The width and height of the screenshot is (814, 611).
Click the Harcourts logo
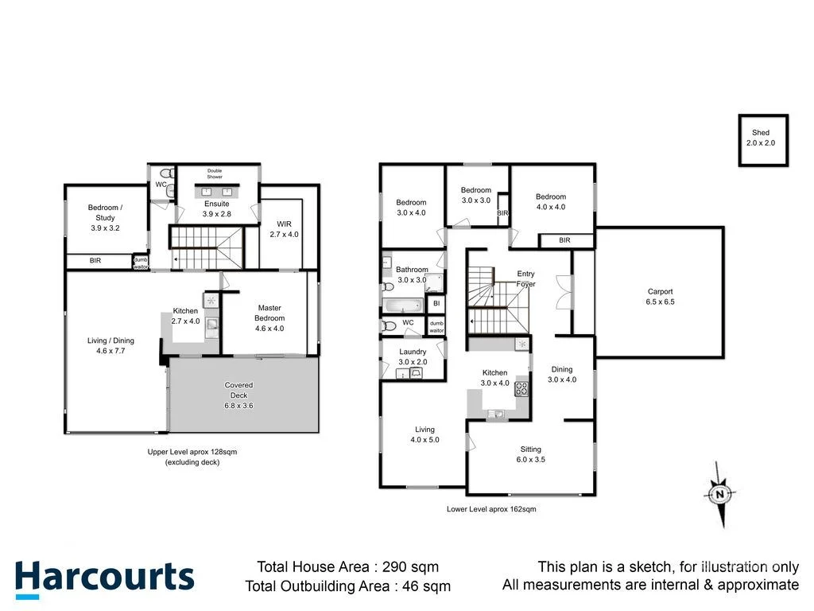[104, 578]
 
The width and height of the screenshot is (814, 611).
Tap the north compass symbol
[719, 495]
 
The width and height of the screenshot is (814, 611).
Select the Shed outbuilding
[762, 139]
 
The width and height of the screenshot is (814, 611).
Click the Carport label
[660, 297]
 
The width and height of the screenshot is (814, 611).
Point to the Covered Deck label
[238, 395]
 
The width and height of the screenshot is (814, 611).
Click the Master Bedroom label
[269, 317]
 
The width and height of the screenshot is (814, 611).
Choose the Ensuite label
[216, 209]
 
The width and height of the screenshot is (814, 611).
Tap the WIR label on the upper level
[283, 229]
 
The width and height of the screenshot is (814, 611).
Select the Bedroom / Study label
[105, 217]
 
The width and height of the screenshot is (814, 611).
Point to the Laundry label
[413, 356]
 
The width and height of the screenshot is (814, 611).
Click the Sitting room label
[532, 454]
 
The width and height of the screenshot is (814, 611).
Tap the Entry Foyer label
[525, 278]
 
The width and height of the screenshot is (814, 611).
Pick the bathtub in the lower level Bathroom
[402, 305]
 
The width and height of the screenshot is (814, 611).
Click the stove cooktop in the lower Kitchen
[522, 389]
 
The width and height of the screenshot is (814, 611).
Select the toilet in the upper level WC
[166, 173]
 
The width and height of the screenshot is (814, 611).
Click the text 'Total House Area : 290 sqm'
[347, 567]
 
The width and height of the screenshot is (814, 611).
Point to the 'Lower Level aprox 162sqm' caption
[491, 509]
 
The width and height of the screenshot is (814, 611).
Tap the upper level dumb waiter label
[141, 262]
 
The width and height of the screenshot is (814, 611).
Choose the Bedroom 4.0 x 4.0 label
[550, 201]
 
